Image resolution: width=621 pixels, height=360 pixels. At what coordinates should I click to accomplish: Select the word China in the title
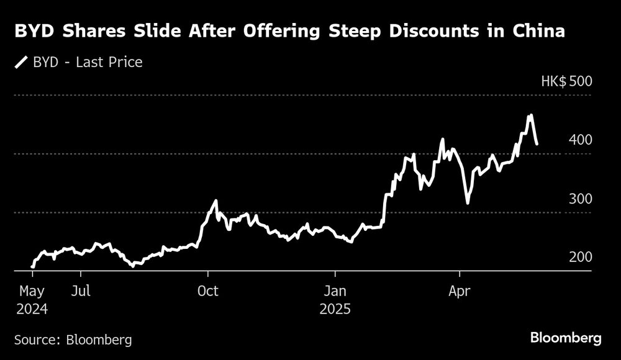tap(540, 30)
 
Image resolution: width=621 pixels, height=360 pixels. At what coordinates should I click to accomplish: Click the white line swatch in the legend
tap(22, 62)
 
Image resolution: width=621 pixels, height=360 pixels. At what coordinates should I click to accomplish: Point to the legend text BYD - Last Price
tap(88, 62)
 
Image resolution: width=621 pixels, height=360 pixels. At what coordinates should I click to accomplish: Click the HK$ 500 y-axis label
tap(566, 81)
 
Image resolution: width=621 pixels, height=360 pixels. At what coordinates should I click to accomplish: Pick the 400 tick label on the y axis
tap(580, 140)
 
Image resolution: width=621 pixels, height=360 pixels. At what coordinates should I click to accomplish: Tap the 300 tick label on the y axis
tap(580, 199)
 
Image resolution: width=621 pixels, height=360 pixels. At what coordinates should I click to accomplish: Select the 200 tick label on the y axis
tap(580, 257)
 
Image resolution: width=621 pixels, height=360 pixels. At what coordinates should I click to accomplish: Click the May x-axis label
tap(32, 291)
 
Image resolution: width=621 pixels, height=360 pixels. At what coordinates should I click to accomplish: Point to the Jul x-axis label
tap(81, 291)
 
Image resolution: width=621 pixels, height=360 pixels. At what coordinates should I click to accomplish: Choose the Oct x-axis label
tap(208, 291)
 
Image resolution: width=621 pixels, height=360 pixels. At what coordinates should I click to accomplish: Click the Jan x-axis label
tap(335, 291)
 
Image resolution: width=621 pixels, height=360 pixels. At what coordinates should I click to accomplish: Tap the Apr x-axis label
tap(460, 291)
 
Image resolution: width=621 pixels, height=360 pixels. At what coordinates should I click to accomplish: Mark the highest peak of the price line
tap(530, 115)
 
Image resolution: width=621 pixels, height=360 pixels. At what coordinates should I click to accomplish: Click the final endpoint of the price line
tap(537, 144)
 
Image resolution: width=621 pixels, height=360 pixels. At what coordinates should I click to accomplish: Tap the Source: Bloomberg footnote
tap(73, 340)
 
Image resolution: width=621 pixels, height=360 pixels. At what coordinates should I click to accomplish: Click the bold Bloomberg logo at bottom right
tap(566, 338)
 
